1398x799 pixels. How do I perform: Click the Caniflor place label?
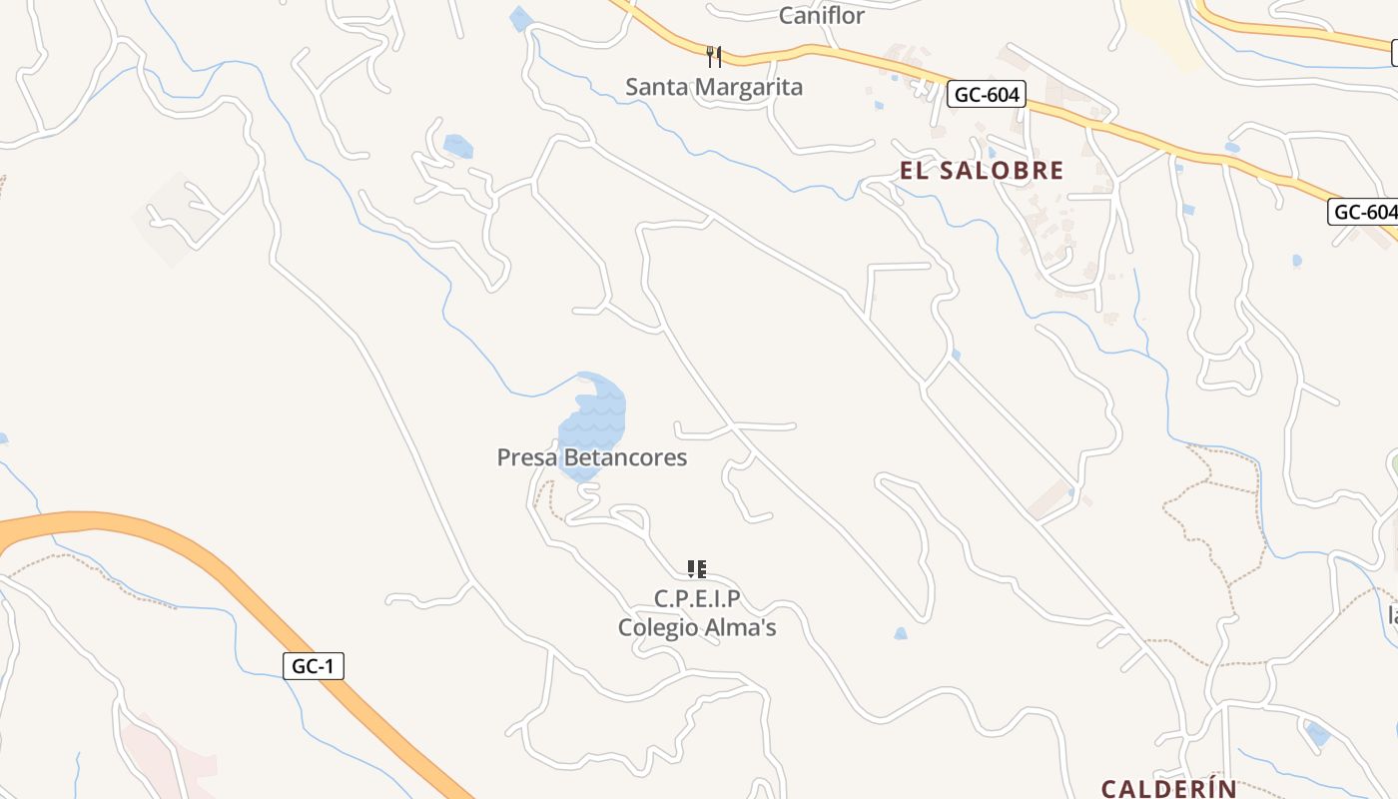point(821,16)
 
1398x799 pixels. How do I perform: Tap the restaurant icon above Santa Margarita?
point(713,56)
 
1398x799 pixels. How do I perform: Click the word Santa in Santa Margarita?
point(656,87)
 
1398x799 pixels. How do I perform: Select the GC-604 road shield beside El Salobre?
point(987,95)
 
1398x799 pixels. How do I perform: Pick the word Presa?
point(526,457)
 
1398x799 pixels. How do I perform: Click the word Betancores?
point(625,457)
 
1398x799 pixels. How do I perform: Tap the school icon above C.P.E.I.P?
point(697,569)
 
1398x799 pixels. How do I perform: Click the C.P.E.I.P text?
point(697,598)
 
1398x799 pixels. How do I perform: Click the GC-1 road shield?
point(314,666)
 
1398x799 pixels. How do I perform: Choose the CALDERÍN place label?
point(1168,788)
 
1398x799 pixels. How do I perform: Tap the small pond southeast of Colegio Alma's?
point(901,633)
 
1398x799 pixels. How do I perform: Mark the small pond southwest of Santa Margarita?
point(457,146)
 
